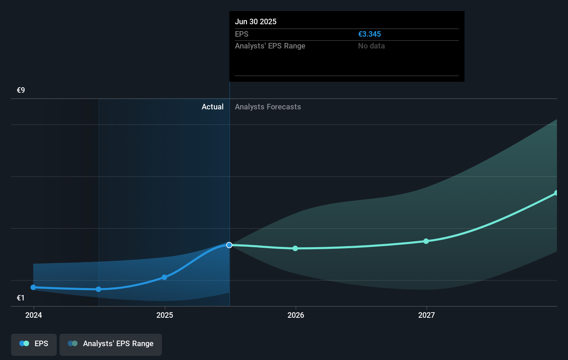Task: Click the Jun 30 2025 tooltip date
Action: point(256,21)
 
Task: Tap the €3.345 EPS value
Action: point(369,34)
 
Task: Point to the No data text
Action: point(371,46)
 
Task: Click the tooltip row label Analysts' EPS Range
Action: point(270,46)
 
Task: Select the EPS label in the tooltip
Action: point(241,34)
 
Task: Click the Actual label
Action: point(212,107)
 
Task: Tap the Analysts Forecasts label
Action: point(268,107)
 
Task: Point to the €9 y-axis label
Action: point(21,90)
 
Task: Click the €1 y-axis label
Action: point(21,298)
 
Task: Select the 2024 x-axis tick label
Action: point(34,315)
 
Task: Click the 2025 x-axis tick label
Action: point(165,315)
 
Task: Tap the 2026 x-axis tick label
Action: point(296,315)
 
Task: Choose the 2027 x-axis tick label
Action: point(427,315)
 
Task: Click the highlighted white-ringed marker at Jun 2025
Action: point(229,245)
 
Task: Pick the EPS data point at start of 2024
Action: point(33,287)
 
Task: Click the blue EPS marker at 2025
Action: point(164,277)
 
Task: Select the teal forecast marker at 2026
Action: point(295,248)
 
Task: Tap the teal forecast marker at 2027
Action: point(426,241)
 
